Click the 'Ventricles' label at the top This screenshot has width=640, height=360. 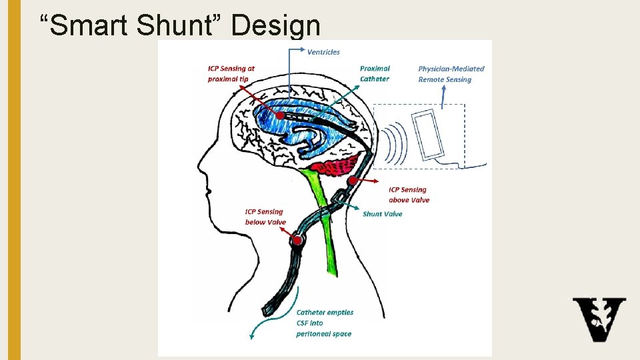click(x=323, y=52)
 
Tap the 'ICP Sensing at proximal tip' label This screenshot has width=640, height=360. click(x=231, y=73)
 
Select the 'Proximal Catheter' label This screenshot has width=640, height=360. click(x=375, y=73)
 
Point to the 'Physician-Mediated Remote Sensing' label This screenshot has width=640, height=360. click(x=451, y=73)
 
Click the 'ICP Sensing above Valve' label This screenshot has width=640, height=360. click(x=409, y=195)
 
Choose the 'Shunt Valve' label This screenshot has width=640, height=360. click(x=382, y=214)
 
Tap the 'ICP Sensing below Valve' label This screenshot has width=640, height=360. click(x=265, y=217)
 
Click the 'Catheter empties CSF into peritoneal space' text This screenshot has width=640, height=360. click(x=325, y=323)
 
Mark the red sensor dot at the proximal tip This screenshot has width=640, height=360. click(x=280, y=116)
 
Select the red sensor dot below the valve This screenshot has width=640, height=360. click(x=297, y=239)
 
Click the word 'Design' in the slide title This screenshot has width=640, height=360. click(x=277, y=25)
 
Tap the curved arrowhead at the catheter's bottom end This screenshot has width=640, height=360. click(x=252, y=337)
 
